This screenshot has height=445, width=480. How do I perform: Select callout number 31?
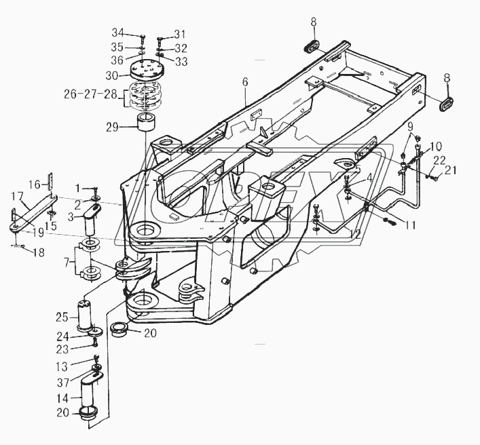pyautogui.click(x=179, y=35)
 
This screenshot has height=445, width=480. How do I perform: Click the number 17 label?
pyautogui.click(x=16, y=195)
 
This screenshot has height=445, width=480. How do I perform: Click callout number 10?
pyautogui.click(x=436, y=145)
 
